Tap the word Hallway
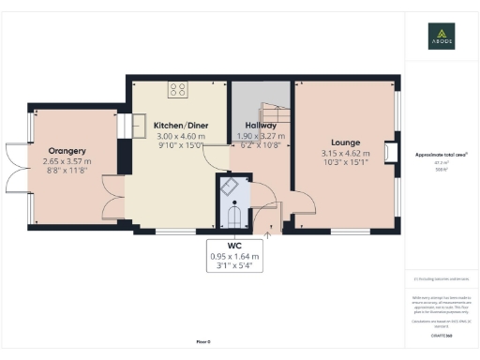(x=261, y=126)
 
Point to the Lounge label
(x=340, y=142)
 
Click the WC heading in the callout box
(x=234, y=245)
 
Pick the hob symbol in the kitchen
(x=178, y=90)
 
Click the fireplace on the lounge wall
(x=389, y=151)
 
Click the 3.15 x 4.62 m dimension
(x=340, y=154)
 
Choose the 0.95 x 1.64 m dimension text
(x=234, y=255)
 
